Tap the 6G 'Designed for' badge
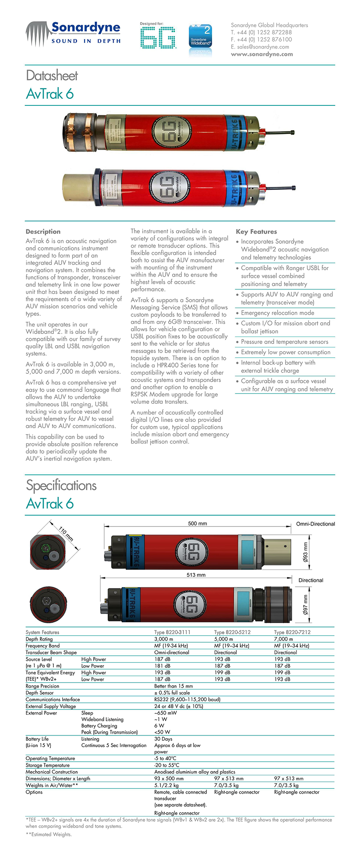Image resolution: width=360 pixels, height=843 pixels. coord(158,36)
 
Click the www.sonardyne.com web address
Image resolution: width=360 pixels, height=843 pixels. coord(262,54)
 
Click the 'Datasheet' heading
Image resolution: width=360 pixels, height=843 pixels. coord(52,75)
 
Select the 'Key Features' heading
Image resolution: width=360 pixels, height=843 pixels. coord(256,232)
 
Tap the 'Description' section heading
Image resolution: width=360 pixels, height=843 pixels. coord(43,232)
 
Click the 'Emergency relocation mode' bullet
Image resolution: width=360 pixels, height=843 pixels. coord(278,313)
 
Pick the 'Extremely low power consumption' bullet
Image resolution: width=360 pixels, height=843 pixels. coord(285,352)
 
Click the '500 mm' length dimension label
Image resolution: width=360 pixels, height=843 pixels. coord(197,523)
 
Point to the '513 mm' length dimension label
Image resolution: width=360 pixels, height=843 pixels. coord(196,575)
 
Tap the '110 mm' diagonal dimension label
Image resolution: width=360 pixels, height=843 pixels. coord(66,533)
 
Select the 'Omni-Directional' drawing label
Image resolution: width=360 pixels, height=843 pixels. coord(315,524)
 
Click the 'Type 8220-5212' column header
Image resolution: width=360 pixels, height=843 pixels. coord(232,632)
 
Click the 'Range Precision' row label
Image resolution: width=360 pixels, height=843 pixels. coord(42,686)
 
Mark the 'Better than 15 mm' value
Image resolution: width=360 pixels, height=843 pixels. coord(173,686)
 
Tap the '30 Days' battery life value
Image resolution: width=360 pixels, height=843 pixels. coord(163,739)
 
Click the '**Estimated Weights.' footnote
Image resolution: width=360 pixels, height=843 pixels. coord(49,834)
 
